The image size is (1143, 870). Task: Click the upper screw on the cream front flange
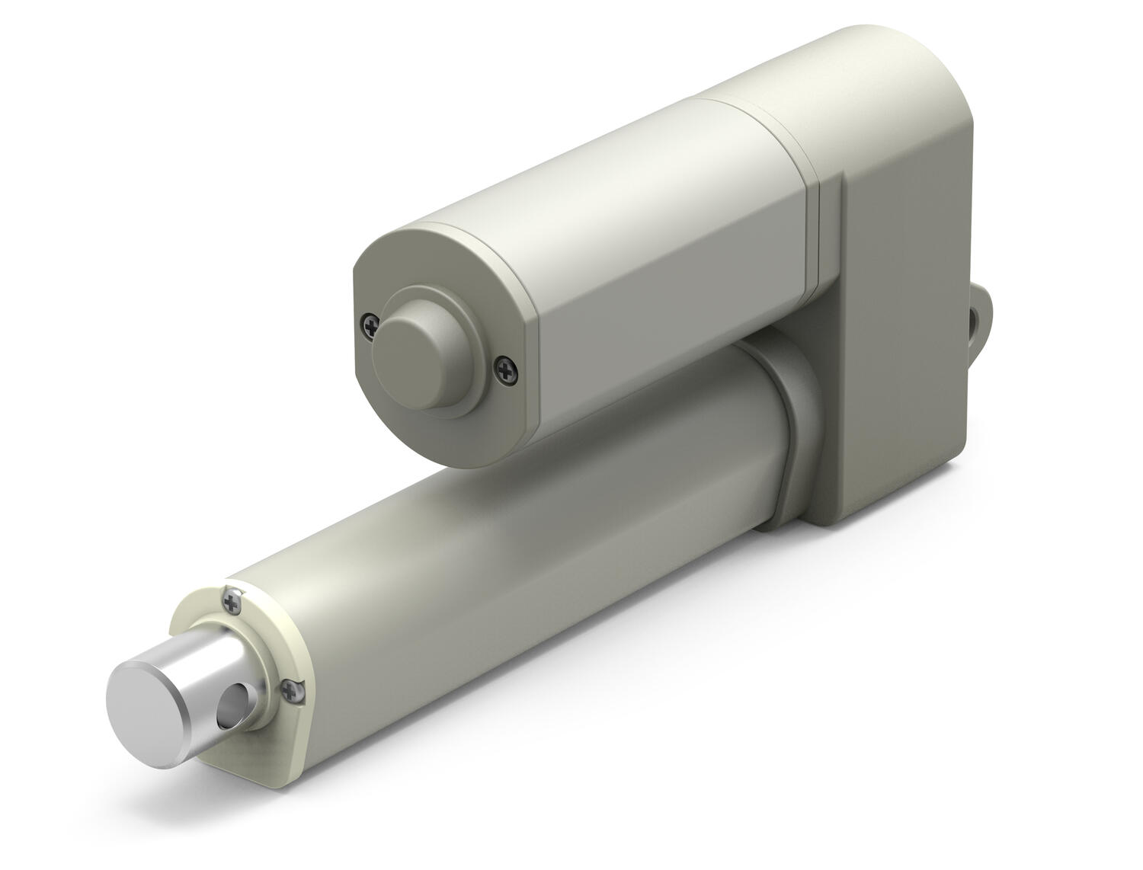(232, 602)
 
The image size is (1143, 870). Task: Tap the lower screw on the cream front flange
(289, 690)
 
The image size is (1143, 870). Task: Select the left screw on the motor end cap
(370, 324)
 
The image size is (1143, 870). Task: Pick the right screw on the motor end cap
(504, 369)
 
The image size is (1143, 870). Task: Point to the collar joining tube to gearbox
(792, 449)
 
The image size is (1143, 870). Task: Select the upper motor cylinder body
(648, 251)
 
